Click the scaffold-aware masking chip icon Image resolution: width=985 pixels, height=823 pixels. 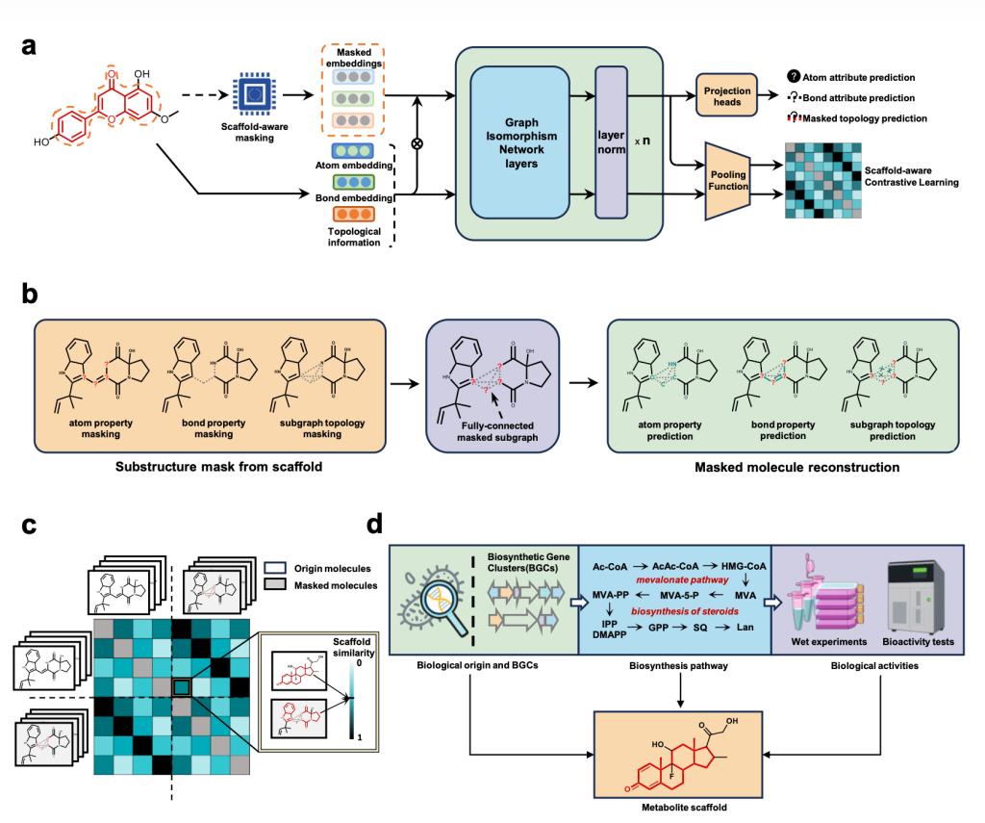[252, 93]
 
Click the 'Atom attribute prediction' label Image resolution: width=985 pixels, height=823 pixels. [856, 76]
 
